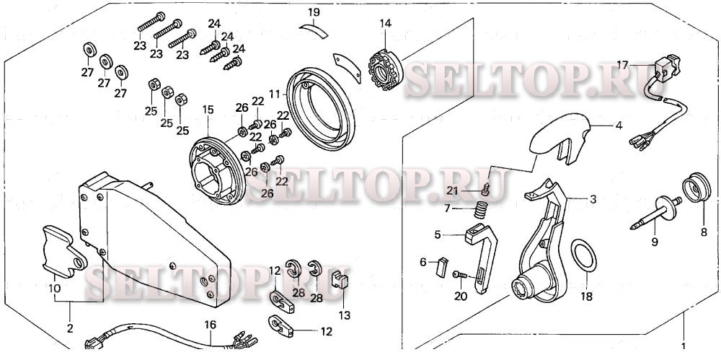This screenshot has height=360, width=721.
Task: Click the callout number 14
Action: tap(385, 23)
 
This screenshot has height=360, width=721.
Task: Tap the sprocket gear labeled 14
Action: tap(385, 71)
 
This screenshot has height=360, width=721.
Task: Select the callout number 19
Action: tap(314, 12)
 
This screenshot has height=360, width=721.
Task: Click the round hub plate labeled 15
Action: tap(217, 173)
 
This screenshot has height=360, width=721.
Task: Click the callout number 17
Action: tap(622, 66)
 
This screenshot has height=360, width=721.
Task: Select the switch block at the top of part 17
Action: tap(667, 67)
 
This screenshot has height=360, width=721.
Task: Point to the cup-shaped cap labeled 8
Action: tap(696, 188)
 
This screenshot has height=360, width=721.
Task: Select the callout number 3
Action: tap(593, 200)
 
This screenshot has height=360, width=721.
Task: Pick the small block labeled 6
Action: tap(441, 266)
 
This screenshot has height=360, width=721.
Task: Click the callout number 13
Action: tap(345, 315)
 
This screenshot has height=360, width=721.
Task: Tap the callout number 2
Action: tap(70, 329)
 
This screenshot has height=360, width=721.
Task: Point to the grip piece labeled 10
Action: tap(63, 251)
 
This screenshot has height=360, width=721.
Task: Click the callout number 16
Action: tap(210, 325)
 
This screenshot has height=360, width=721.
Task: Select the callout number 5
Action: tap(438, 234)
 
